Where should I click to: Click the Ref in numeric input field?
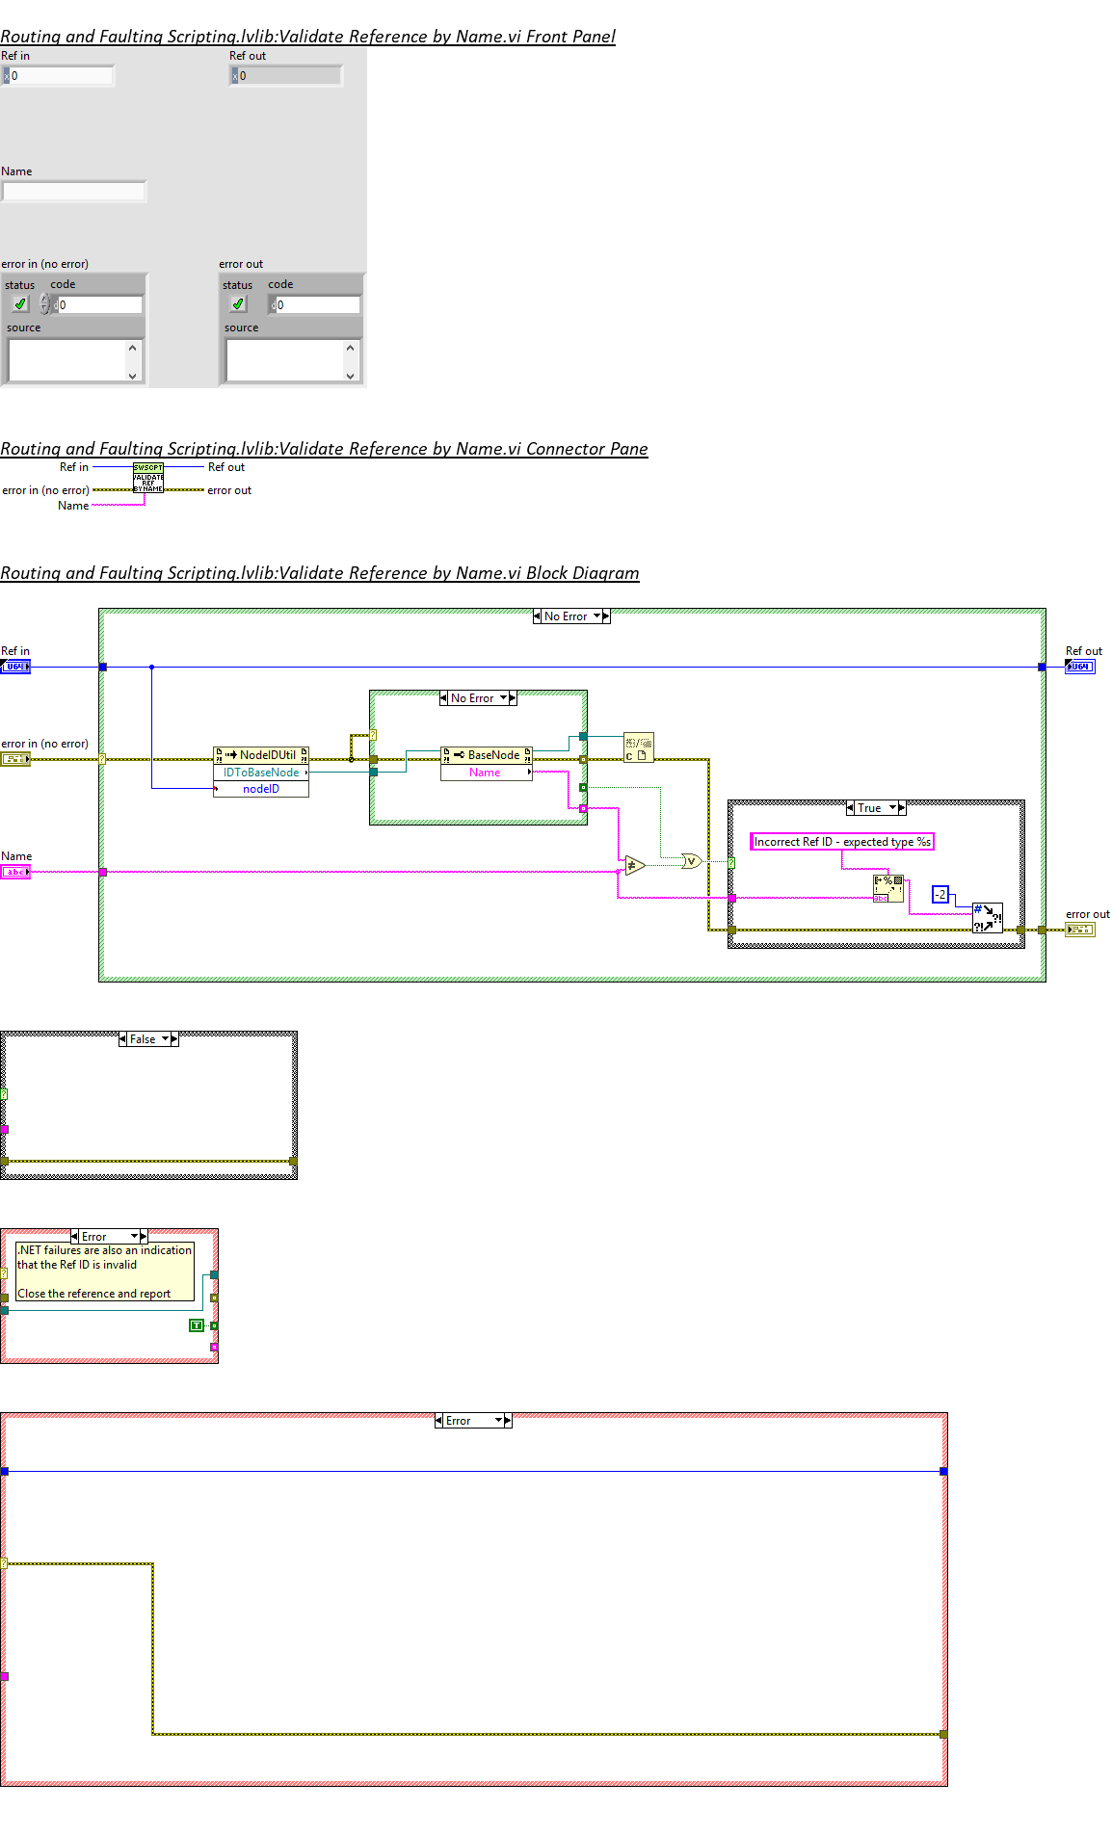point(61,75)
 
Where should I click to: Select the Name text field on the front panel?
point(73,192)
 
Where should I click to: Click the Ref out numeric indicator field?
point(289,75)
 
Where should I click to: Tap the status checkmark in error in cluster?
point(20,304)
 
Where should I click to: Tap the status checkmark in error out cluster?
point(238,304)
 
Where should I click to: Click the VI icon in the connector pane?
point(148,478)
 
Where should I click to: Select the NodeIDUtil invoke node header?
point(261,755)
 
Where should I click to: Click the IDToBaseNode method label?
point(261,773)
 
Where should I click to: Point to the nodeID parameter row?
point(261,789)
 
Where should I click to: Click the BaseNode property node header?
point(487,755)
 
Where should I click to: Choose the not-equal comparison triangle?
point(633,865)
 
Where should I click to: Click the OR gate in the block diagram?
point(691,861)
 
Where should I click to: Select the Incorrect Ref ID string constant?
point(841,842)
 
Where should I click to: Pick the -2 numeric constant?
point(940,894)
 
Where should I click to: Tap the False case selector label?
point(143,1039)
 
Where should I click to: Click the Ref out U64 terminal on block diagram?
point(1080,667)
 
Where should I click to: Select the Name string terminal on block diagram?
point(15,872)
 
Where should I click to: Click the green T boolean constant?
point(197,1325)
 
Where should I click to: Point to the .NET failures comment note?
point(105,1271)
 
